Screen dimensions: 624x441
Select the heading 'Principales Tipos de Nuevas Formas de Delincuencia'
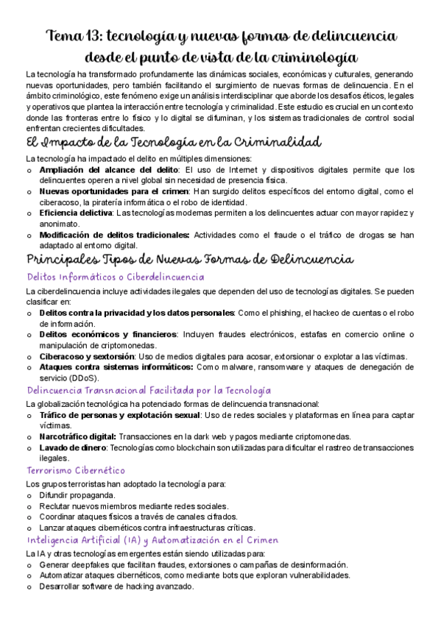[190, 260]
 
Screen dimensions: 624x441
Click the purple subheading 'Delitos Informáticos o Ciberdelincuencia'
[115, 277]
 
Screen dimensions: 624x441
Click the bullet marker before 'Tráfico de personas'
[29, 415]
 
